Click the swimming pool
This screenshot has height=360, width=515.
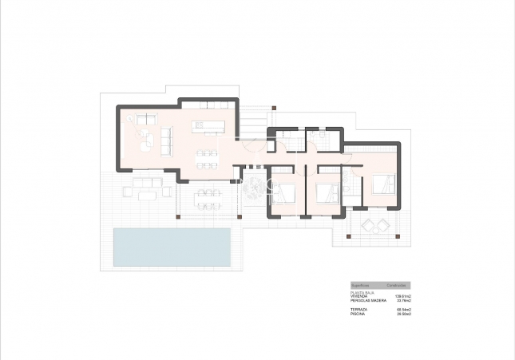point(172,247)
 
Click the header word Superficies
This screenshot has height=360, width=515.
point(360,285)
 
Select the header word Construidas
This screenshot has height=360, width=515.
point(398,285)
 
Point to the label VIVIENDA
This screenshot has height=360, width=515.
point(359,296)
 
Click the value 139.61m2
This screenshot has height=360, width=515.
point(402,296)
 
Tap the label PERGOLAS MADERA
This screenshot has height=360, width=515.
point(367,300)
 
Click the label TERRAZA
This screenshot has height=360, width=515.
point(359,310)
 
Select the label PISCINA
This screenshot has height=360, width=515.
point(358,314)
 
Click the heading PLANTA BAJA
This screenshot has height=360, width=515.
point(362,293)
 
